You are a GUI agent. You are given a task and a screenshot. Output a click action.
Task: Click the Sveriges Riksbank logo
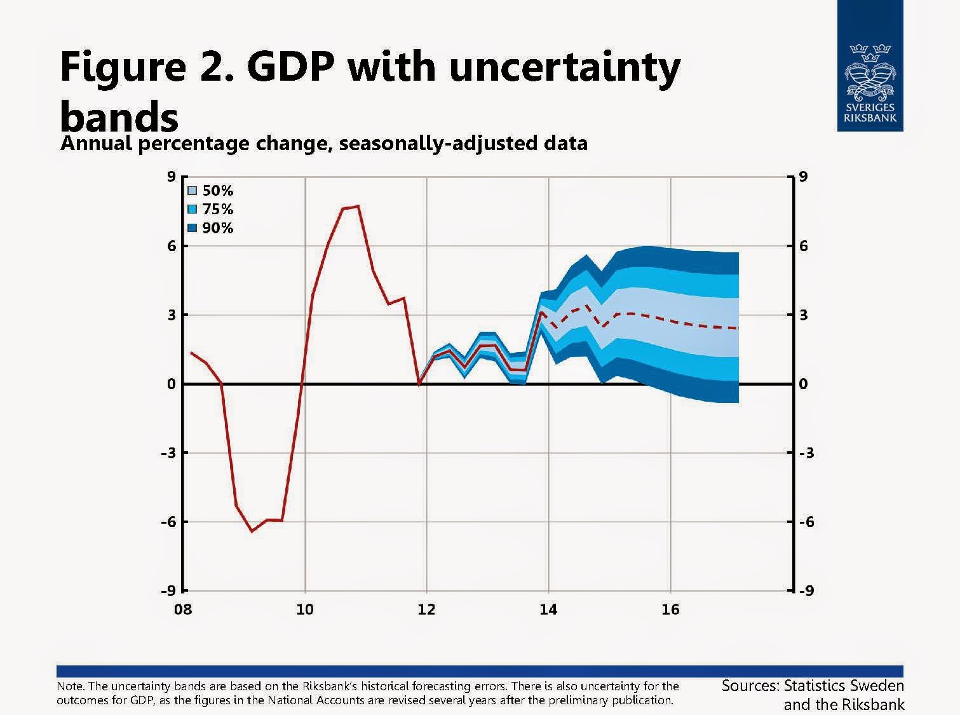tap(869, 65)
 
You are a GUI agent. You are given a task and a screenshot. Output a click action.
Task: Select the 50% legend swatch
tap(193, 191)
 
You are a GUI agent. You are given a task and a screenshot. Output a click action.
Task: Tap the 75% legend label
tap(218, 209)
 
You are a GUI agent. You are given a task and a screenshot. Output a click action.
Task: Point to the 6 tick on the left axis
tap(172, 246)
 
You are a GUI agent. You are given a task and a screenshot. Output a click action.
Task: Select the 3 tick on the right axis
tap(802, 315)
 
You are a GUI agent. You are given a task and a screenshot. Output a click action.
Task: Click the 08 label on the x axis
tap(183, 610)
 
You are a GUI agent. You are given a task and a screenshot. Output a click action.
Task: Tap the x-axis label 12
tap(427, 610)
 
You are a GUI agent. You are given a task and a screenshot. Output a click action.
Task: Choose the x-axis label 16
tap(670, 610)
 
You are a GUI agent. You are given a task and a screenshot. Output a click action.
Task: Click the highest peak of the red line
tap(358, 206)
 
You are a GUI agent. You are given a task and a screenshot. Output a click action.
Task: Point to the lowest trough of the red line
tap(252, 531)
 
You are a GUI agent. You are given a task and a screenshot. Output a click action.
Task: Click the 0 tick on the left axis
tap(172, 384)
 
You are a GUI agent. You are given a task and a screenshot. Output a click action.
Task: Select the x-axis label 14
tap(548, 610)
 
